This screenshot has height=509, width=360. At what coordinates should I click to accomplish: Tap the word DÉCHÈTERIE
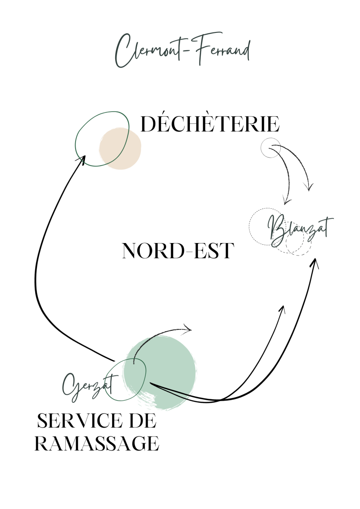pyautogui.click(x=210, y=124)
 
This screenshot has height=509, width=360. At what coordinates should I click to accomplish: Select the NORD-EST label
pyautogui.click(x=178, y=251)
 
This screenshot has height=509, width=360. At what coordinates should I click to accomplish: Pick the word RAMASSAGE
pyautogui.click(x=97, y=444)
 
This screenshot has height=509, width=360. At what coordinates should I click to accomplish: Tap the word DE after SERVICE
pyautogui.click(x=144, y=421)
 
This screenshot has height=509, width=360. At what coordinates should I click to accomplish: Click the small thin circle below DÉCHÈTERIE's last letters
pyautogui.click(x=270, y=148)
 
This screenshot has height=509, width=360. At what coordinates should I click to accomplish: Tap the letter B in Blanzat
pyautogui.click(x=276, y=229)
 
